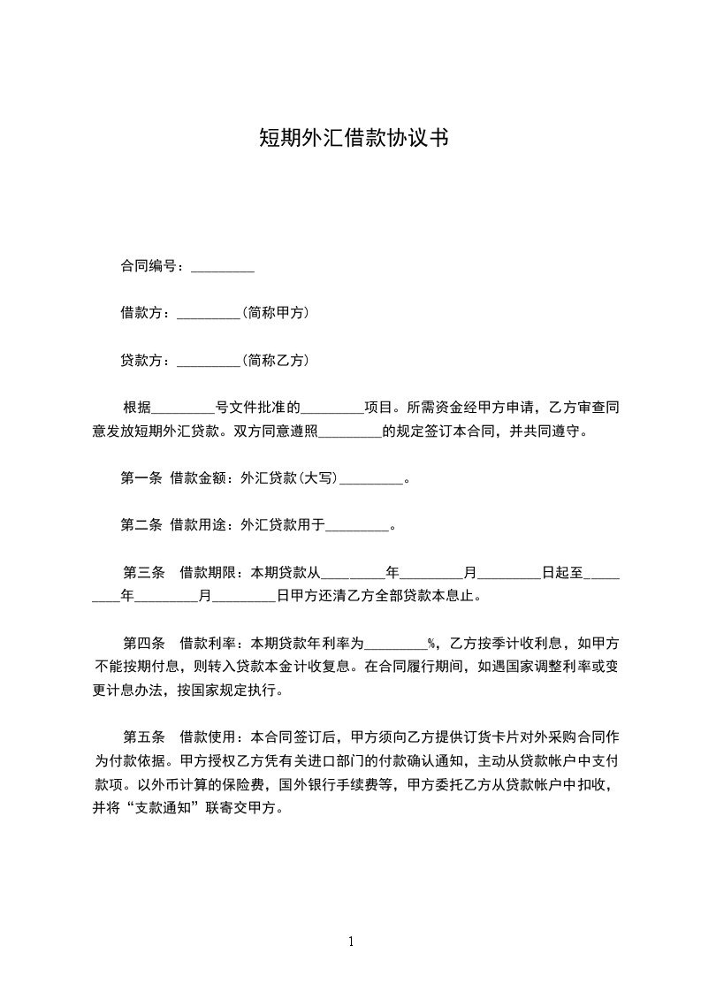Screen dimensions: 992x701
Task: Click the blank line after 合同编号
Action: coord(223,267)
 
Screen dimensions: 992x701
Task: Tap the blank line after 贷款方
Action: coord(209,361)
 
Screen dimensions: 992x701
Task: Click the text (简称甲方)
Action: coord(274,313)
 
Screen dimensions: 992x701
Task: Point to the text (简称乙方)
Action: coord(274,361)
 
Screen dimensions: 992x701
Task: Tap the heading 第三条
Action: coord(144,572)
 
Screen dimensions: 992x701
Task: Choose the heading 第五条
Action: coord(144,736)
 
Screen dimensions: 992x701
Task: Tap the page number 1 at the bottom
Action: coord(351,942)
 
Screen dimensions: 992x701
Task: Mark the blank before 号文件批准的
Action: coord(183,409)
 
